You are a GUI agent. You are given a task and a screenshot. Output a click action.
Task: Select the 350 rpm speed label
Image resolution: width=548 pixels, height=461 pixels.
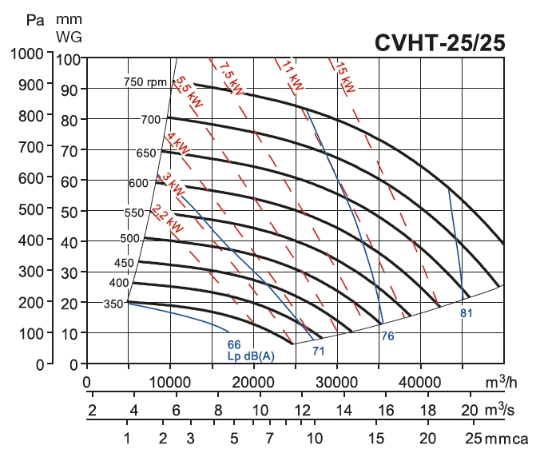tap(113, 304)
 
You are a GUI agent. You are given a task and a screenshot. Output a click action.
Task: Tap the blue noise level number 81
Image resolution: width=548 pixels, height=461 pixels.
tap(467, 313)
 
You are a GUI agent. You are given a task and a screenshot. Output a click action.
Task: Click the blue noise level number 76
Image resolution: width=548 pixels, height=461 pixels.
tap(387, 336)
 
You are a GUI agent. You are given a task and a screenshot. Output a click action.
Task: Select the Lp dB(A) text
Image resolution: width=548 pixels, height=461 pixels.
tap(250, 356)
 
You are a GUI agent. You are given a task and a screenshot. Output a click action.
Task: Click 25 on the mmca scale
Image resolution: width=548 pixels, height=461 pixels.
tap(473, 439)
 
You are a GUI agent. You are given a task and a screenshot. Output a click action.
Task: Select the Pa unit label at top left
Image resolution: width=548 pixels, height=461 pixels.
tap(34, 18)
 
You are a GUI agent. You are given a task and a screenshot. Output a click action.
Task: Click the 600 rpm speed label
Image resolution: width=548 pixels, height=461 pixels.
tap(138, 183)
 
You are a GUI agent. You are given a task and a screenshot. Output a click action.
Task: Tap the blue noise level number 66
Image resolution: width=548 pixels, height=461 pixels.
tap(234, 344)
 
